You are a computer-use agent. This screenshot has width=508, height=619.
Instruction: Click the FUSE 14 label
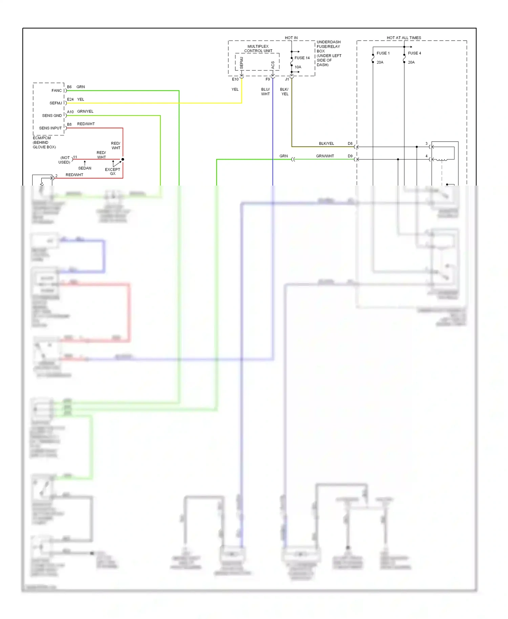click(x=302, y=58)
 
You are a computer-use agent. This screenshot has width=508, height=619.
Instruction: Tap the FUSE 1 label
click(x=383, y=53)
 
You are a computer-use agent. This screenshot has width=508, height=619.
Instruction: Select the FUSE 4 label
click(x=414, y=53)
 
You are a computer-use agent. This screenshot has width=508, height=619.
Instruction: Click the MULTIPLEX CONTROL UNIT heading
click(x=258, y=49)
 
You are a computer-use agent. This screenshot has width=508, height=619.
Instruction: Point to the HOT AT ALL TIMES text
click(x=404, y=38)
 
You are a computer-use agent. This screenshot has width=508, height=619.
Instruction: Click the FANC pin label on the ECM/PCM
click(x=57, y=90)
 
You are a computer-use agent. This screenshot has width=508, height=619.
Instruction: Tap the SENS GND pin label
click(x=52, y=115)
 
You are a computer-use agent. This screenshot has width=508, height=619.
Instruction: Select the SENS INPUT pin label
click(x=50, y=128)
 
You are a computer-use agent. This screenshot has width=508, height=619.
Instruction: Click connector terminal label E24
click(x=70, y=99)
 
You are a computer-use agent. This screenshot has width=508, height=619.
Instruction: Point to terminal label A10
click(x=70, y=112)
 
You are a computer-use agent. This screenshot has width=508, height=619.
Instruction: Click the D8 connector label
click(x=350, y=144)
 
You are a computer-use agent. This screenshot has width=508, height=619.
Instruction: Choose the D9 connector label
click(x=350, y=156)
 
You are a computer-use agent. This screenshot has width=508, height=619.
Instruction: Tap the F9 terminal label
click(x=268, y=79)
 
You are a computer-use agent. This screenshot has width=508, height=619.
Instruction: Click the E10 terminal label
click(x=235, y=79)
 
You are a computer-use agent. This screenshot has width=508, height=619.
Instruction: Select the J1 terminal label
click(x=287, y=79)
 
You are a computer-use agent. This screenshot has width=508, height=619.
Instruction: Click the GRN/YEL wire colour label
click(x=85, y=111)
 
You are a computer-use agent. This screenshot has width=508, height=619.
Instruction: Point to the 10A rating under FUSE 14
click(x=298, y=67)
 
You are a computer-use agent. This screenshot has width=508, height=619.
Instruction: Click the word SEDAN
click(x=85, y=168)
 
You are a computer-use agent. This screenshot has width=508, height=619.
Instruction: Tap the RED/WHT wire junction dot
click(x=123, y=159)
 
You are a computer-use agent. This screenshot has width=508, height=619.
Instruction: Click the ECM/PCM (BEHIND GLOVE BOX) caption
click(x=44, y=143)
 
